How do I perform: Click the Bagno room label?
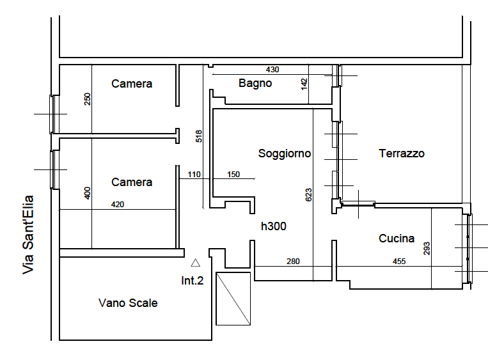coord(255,83)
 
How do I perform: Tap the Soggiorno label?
coord(285,153)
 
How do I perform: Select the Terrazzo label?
coord(402,153)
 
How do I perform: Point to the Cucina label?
coord(397,238)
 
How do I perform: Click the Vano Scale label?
coord(128,303)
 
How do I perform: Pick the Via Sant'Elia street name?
coord(28,235)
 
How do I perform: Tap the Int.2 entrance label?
coord(193,281)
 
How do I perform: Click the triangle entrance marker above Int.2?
coord(196,263)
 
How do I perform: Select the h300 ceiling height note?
coord(274,226)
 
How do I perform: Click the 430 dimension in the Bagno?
coord(272,70)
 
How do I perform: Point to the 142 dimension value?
coord(304,84)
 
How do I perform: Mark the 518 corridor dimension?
coord(199,136)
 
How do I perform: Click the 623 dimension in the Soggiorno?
coord(308,195)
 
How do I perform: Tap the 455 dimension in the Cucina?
coord(399,262)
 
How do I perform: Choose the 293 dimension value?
coord(427,249)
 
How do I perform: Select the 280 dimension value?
coord(293,262)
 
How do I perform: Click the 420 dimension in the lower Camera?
coord(117,205)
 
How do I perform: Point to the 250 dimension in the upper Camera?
coord(88,99)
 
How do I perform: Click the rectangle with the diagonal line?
coord(233,299)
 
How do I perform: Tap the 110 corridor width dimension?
coord(194,175)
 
